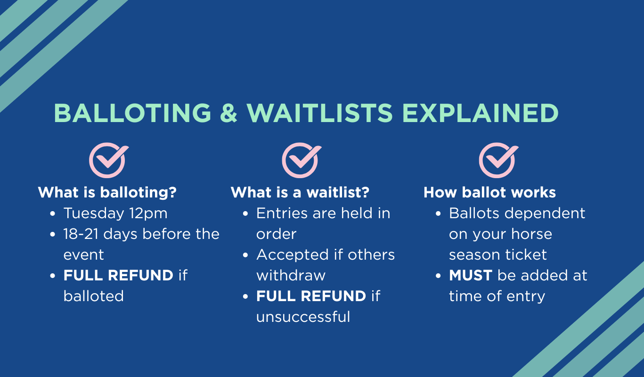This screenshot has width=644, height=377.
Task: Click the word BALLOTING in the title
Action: [132, 113]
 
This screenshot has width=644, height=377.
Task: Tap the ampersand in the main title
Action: [228, 113]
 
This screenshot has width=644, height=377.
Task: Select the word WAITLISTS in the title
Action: [319, 113]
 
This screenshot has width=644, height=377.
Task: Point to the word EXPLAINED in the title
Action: [480, 113]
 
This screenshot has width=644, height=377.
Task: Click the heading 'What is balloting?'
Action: [107, 192]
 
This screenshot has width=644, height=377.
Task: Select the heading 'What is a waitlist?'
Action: [300, 192]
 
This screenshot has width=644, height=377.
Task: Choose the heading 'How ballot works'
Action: [489, 192]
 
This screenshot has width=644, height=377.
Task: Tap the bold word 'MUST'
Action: [471, 276]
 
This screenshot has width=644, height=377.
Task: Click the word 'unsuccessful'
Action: [303, 317]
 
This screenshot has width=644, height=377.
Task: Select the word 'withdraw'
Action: [291, 276]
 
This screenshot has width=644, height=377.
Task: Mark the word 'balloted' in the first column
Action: [94, 296]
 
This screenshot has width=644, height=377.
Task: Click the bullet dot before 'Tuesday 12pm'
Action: [52, 213]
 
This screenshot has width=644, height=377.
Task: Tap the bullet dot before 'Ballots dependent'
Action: [438, 213]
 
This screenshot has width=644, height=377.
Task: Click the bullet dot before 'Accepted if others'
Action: [245, 255]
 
